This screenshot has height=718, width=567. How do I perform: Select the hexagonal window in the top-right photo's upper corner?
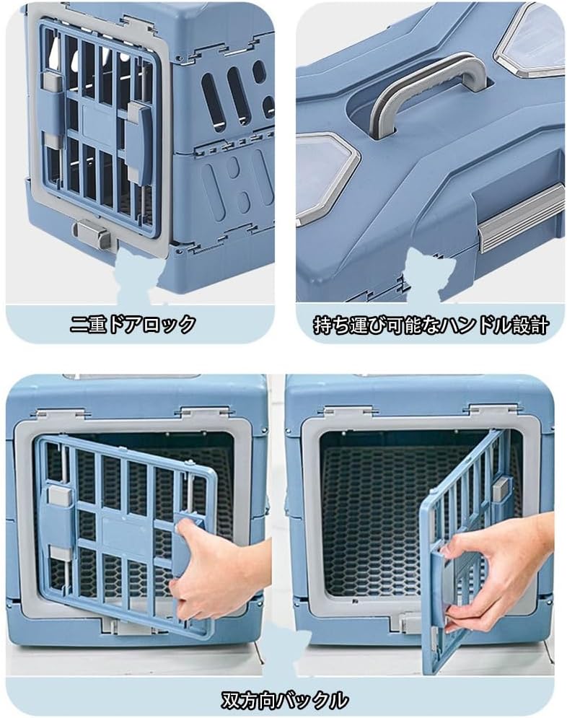[530, 40]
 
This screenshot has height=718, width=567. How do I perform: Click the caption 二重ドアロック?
[133, 325]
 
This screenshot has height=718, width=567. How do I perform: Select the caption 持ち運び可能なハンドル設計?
[431, 325]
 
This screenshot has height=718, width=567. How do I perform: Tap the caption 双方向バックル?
[284, 699]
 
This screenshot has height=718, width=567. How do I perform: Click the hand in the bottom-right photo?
[498, 570]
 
